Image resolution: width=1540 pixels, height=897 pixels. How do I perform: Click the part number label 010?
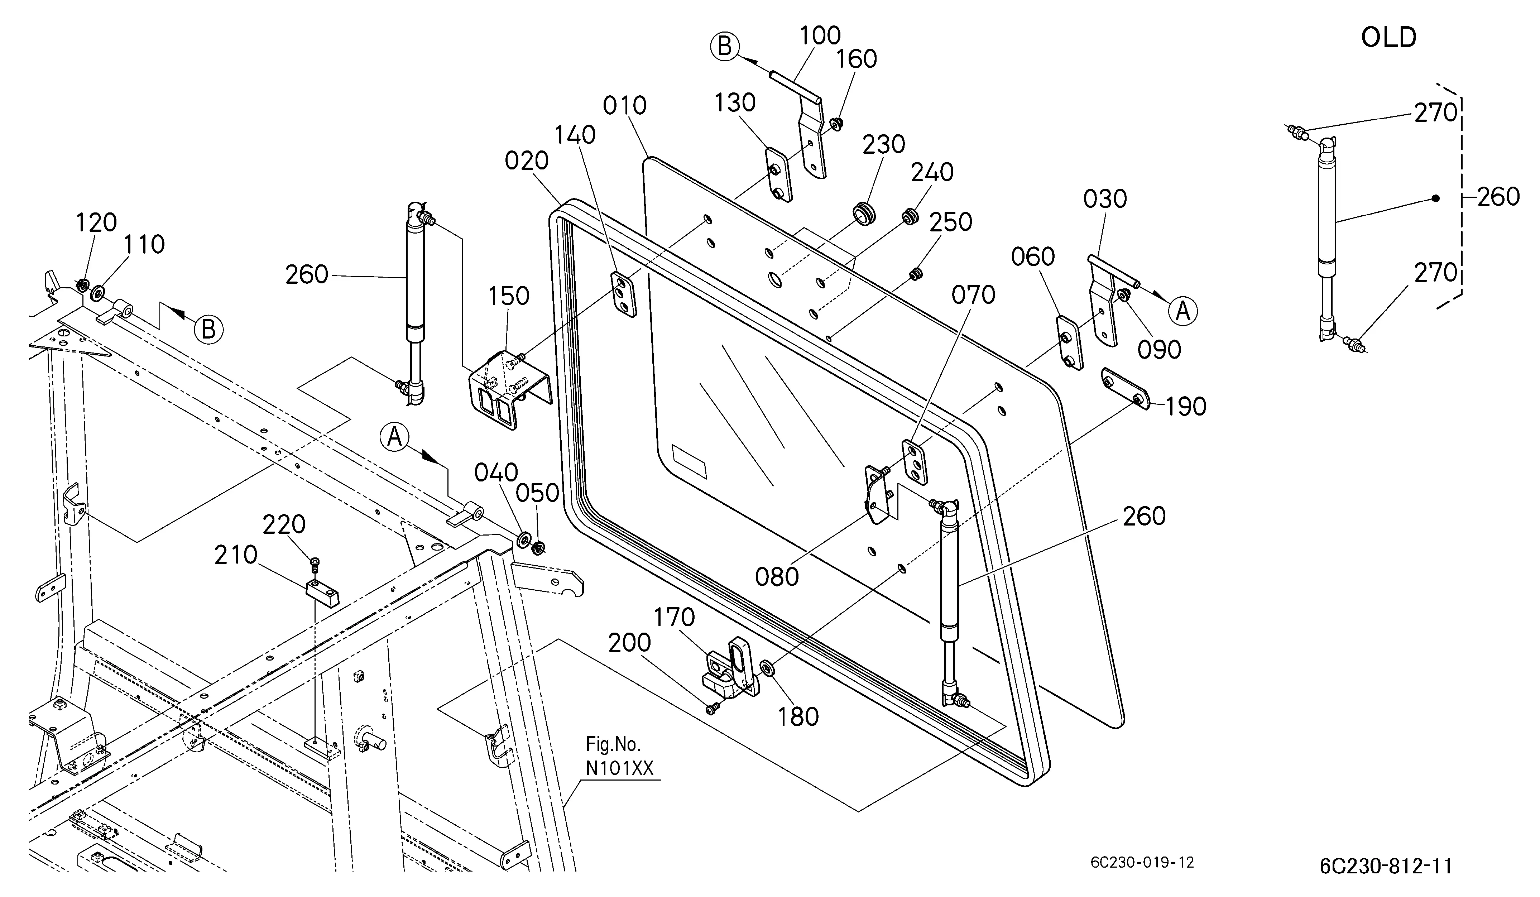pyautogui.click(x=624, y=106)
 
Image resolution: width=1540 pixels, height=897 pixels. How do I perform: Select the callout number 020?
pyautogui.click(x=527, y=161)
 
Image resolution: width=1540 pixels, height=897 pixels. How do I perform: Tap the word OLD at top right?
pyautogui.click(x=1388, y=38)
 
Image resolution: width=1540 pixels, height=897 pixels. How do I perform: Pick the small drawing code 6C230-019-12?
pyautogui.click(x=1142, y=862)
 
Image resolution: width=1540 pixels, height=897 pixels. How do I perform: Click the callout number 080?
pyautogui.click(x=777, y=577)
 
